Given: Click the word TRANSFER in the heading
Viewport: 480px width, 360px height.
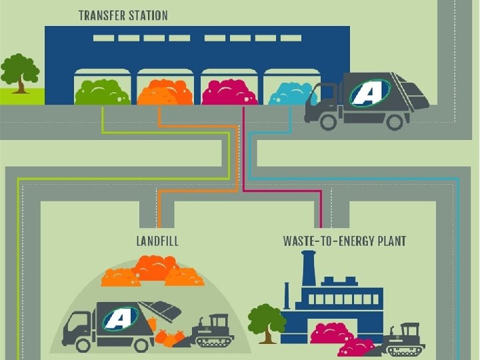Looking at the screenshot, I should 101,15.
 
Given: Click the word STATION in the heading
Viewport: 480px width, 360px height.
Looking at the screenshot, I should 147,15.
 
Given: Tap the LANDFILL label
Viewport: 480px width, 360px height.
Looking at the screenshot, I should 157,241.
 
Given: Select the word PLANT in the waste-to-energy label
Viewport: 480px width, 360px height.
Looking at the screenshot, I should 389,241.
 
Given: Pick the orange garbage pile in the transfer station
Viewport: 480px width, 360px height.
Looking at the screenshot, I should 165,92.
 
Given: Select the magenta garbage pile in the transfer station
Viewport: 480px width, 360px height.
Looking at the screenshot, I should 229,92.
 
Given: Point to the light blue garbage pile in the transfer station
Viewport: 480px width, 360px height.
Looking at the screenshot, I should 291,93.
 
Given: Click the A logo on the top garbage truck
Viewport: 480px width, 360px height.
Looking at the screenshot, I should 365,93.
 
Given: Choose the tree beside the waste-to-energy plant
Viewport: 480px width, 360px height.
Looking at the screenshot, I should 266,321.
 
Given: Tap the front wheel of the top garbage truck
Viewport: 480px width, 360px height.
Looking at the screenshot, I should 327,121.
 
